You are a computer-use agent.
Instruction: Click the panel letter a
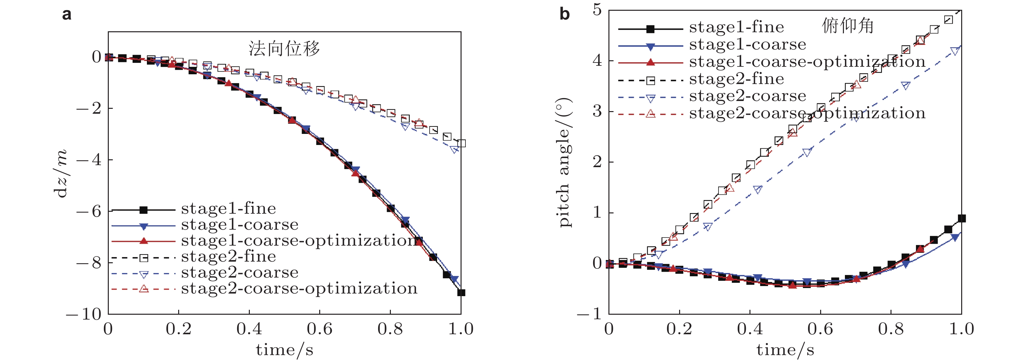[x=67, y=14]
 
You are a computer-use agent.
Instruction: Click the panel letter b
[x=564, y=14]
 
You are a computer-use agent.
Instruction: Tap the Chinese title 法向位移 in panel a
[x=284, y=49]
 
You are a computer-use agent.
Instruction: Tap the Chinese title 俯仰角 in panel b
[x=848, y=26]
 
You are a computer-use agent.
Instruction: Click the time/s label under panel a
[x=284, y=350]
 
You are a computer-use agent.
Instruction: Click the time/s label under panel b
[x=785, y=350]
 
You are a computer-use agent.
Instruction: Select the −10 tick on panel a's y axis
[x=84, y=314]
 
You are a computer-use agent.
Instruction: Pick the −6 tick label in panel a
[x=89, y=211]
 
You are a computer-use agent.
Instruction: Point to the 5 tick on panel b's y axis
[x=597, y=9]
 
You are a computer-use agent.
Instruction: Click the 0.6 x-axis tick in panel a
[x=320, y=329]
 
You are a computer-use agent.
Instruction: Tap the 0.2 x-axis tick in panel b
[x=679, y=329]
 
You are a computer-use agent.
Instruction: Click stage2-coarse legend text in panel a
[x=239, y=272]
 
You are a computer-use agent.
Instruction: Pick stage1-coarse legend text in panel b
[x=748, y=44]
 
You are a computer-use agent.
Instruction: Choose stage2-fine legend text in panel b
[x=736, y=79]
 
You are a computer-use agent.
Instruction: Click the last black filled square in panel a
[x=461, y=293]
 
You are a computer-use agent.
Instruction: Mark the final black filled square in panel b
[x=962, y=218]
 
